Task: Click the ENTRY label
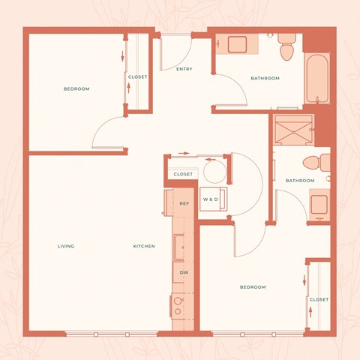pos(184,69)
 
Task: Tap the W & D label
pos(212,199)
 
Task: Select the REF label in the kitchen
pos(184,203)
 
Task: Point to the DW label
pos(184,273)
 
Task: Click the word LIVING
pos(66,246)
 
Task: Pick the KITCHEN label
pos(144,246)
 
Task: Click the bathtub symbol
pos(318,79)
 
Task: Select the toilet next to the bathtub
pos(286,49)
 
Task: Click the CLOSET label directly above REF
pos(183,174)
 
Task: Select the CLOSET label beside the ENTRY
pos(137,77)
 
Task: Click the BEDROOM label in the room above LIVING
pos(76,89)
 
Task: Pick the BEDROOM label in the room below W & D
pos(253,287)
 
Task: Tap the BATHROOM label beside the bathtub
pos(265,78)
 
